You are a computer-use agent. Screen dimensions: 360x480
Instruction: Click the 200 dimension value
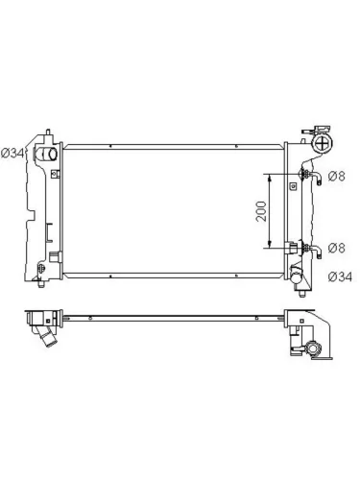261,211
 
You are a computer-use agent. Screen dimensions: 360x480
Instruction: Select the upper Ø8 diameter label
337,176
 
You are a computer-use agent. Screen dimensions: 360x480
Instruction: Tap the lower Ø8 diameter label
337,248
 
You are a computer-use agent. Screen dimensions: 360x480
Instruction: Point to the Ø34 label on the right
340,276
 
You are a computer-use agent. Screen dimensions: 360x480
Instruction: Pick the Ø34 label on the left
12,154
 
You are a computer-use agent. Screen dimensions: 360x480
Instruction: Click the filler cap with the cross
324,143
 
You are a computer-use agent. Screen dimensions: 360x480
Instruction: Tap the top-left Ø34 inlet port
47,154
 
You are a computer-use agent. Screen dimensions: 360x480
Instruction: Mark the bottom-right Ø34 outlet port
298,276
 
